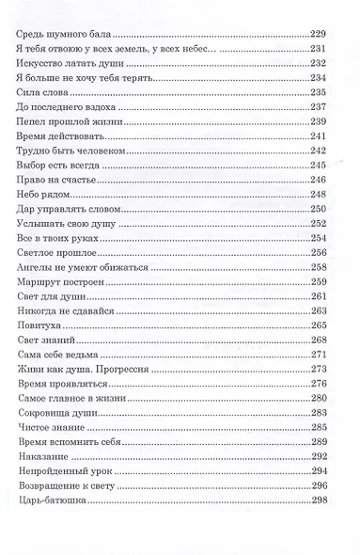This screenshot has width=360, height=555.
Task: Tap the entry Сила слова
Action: (x=42, y=93)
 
